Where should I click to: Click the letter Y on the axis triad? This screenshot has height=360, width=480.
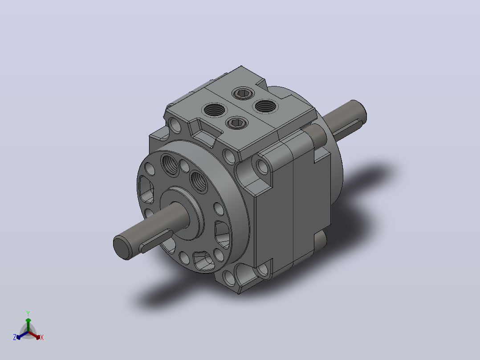pos(28,313)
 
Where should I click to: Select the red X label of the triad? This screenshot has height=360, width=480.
pos(42,337)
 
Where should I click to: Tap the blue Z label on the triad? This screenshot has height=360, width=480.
pos(15,337)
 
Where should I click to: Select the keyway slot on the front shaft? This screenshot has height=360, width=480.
pos(156,241)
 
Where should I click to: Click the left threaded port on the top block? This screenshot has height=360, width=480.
pos(214,110)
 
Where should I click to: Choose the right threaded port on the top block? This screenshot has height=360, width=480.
pos(265,106)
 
